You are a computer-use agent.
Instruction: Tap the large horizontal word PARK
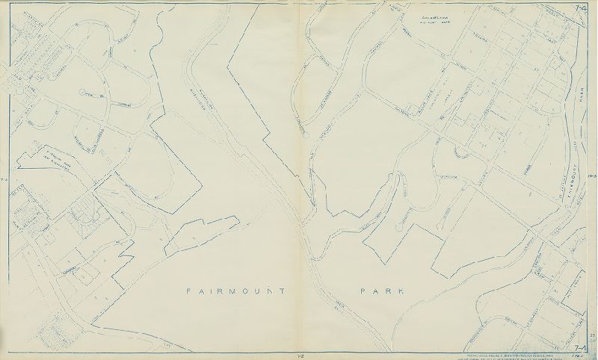coord(380,290)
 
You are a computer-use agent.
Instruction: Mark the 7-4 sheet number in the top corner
coord(581,7)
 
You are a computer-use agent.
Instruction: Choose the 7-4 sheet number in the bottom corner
coord(581,347)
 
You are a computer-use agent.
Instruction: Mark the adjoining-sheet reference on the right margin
coord(591,176)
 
